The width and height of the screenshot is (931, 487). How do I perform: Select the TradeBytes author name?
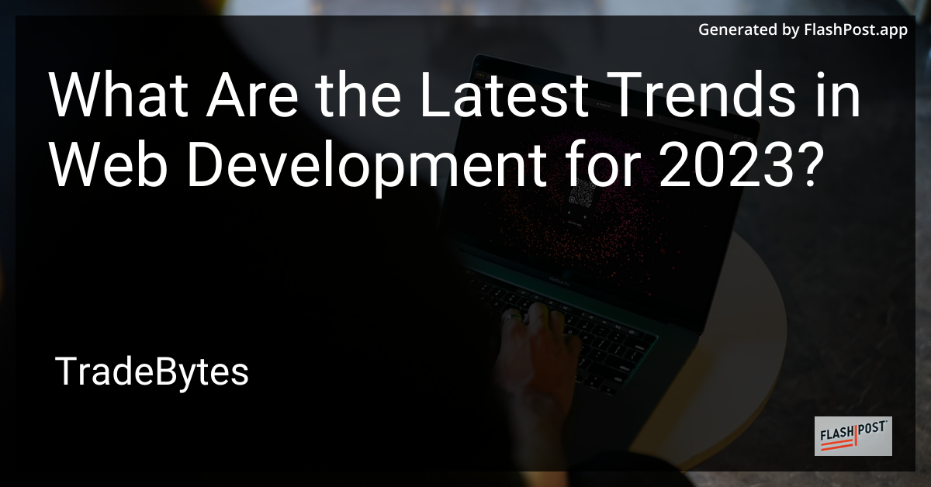(x=152, y=373)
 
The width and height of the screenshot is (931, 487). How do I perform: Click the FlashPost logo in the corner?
(x=853, y=435)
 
